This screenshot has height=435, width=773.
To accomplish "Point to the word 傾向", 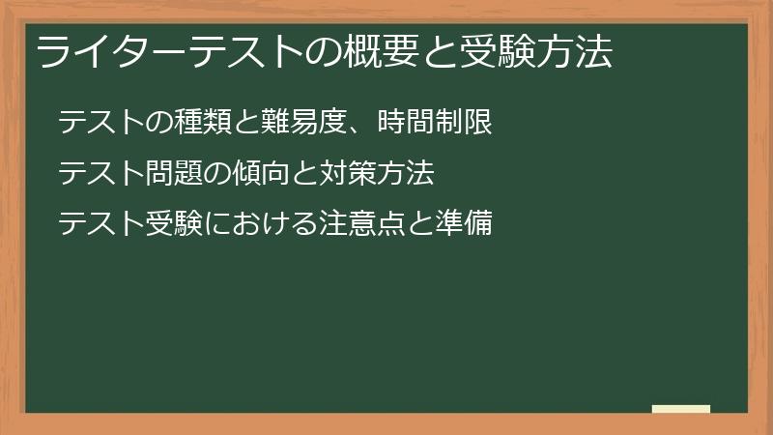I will coord(252,174).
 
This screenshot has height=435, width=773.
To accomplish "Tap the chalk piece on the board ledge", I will coord(681,409).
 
